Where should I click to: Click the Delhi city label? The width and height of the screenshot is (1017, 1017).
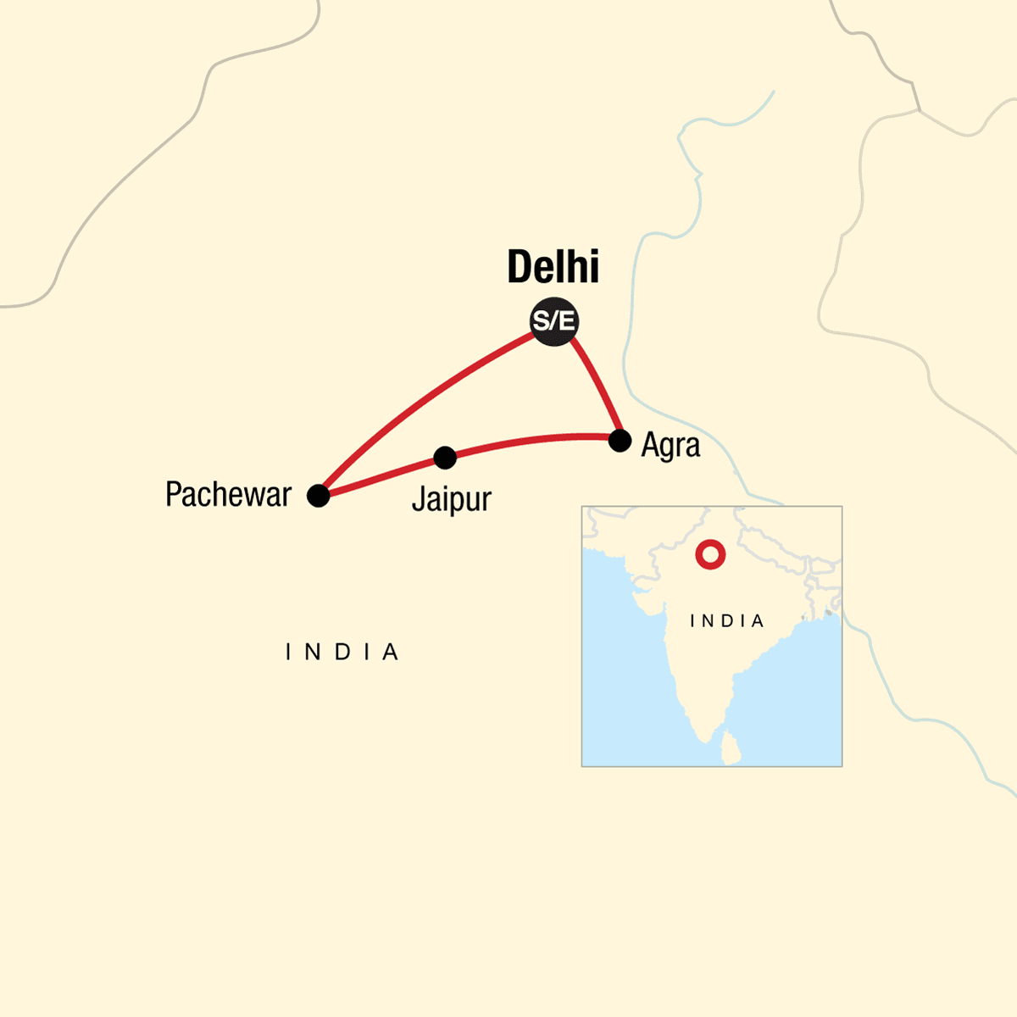click(553, 267)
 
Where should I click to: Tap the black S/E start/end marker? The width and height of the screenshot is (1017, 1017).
click(553, 321)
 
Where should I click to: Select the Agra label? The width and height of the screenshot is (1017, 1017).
click(670, 446)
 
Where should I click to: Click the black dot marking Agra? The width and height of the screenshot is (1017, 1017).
click(620, 441)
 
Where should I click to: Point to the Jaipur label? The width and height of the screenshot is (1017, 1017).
click(451, 499)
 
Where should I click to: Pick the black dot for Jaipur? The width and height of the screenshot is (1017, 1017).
click(445, 458)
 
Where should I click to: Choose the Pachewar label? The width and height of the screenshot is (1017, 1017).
click(228, 494)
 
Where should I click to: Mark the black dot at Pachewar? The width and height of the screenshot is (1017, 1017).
click(318, 496)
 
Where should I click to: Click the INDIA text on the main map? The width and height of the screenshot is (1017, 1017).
click(342, 652)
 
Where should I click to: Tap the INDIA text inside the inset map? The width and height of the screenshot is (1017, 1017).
click(727, 621)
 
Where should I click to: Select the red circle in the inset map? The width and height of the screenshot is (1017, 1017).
click(710, 555)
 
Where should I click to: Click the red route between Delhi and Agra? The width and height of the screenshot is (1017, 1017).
click(597, 386)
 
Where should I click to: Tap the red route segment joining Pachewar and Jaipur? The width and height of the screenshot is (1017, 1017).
click(381, 477)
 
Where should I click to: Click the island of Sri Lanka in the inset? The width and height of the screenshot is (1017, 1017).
click(731, 748)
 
